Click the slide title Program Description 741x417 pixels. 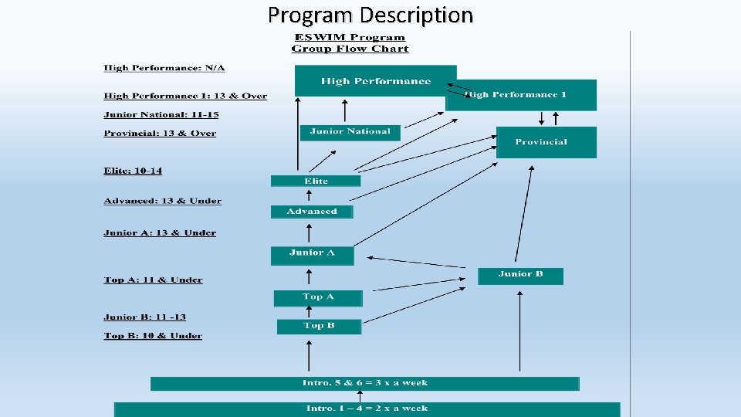(x=370, y=15)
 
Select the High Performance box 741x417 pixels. (x=375, y=80)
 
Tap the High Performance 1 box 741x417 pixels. (x=521, y=95)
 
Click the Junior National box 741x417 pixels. (x=350, y=132)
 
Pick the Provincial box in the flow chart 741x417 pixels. (x=546, y=142)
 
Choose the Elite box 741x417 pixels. (x=316, y=181)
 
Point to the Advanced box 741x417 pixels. (x=312, y=212)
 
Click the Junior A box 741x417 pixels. (x=312, y=254)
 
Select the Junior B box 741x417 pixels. (x=520, y=276)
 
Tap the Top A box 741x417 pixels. (x=318, y=297)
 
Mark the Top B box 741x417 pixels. (x=319, y=326)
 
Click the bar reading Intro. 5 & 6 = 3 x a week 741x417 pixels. (x=364, y=383)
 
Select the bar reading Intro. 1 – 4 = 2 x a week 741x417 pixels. (x=367, y=409)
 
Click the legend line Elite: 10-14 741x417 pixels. (x=133, y=171)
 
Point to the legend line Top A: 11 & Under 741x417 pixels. (x=153, y=280)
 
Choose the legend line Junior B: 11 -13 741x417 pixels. (x=144, y=317)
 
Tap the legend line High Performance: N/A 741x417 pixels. (x=164, y=68)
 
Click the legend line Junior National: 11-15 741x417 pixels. (x=161, y=114)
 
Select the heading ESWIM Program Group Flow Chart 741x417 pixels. (x=350, y=43)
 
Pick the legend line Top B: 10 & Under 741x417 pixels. (x=153, y=336)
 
